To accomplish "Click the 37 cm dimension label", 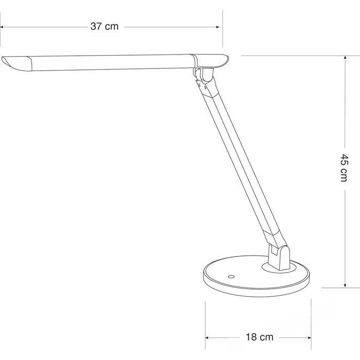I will tap(104, 27).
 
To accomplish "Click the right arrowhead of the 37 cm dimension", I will tap(220, 27).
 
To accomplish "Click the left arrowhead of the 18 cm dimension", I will tap(208, 337).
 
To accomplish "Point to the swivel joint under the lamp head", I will tap(203, 75).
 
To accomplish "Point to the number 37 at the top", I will tap(97, 27).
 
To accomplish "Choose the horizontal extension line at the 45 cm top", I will tap(293, 56).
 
